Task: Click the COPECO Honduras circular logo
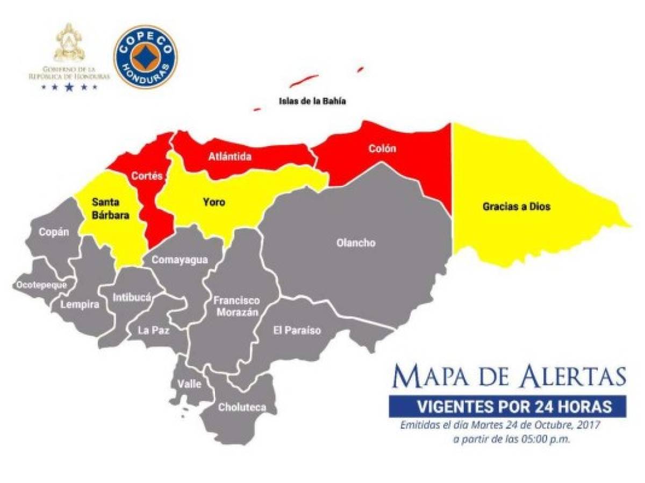point(145,56)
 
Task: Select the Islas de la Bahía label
point(312,100)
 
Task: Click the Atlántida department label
point(230,157)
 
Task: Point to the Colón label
point(382,148)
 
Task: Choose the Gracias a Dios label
point(516,206)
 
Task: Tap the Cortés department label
point(147,176)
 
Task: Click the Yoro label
point(214,203)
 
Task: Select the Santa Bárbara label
point(109,208)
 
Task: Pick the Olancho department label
point(355,243)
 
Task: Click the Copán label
point(54,233)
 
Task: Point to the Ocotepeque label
point(42,285)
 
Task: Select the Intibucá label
point(132,297)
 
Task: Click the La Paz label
point(154,330)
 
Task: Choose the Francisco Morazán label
point(236,306)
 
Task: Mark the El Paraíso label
point(296,330)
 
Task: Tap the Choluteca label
point(242,407)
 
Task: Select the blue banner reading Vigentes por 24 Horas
point(507,407)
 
